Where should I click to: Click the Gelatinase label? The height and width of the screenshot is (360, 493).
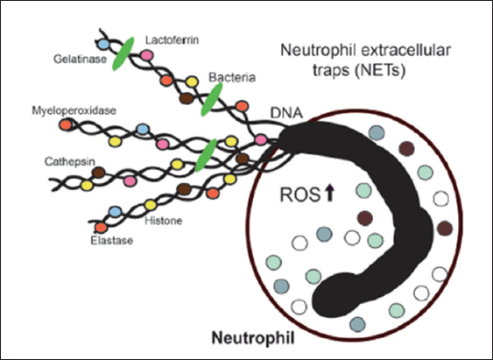pos(81,59)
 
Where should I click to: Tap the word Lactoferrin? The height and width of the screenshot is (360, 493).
pos(173,40)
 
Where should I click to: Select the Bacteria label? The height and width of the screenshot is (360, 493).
pos(232,77)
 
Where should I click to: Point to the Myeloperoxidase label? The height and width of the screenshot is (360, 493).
pos(74,110)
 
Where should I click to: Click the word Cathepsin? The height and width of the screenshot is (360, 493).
pos(70,162)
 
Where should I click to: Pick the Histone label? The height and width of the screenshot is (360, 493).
pos(164,221)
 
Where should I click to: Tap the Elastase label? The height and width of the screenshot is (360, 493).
pos(112,241)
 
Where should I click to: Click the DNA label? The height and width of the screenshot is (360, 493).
pos(286,113)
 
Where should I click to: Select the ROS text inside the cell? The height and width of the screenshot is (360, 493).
pos(299,194)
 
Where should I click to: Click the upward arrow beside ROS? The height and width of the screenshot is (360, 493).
pos(329,193)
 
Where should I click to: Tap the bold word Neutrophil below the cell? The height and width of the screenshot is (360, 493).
pos(253,339)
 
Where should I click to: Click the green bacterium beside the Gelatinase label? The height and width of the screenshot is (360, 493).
pos(123,53)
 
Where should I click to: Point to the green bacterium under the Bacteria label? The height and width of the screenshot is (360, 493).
pos(212,99)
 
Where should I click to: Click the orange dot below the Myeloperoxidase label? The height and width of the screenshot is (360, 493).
pos(66,125)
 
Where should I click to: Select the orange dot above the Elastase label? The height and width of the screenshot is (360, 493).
pos(102,228)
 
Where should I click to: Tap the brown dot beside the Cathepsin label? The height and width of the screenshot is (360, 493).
pos(99,173)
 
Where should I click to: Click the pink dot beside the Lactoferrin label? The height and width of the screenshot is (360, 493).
pos(147,55)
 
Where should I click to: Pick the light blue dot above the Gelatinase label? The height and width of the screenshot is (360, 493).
pos(102,45)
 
